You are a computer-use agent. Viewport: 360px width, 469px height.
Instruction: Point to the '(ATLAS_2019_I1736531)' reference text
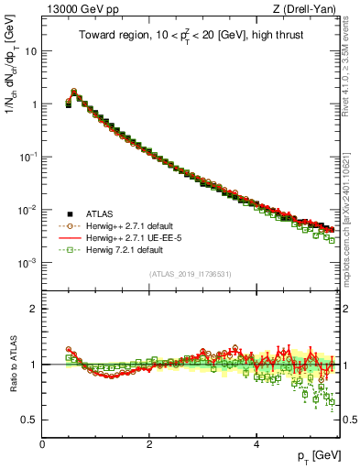pyautogui.click(x=191, y=274)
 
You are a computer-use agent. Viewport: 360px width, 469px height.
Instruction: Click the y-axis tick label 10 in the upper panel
pyautogui.click(x=29, y=51)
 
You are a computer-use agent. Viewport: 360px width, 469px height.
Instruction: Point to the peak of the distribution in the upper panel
pyautogui.click(x=74, y=92)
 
